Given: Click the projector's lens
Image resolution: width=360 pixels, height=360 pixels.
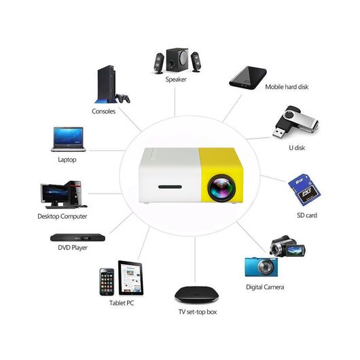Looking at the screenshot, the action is pyautogui.click(x=221, y=188).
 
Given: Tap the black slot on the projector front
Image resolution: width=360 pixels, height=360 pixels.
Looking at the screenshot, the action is pyautogui.click(x=170, y=187).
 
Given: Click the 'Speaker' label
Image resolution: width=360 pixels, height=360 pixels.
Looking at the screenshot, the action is pyautogui.click(x=176, y=79).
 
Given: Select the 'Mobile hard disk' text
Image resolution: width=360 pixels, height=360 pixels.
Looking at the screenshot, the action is pyautogui.click(x=287, y=87).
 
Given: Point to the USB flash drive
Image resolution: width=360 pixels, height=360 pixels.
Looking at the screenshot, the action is pyautogui.click(x=295, y=122).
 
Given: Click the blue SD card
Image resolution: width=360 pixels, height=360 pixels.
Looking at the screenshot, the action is pyautogui.click(x=304, y=190).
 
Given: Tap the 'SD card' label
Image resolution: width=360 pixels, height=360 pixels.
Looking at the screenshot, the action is pyautogui.click(x=307, y=215).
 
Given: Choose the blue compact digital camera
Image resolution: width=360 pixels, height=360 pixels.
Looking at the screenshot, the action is pyautogui.click(x=262, y=267).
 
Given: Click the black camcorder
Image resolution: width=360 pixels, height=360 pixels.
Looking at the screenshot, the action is pyautogui.click(x=288, y=247).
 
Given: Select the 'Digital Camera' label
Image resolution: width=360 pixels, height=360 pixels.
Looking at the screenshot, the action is pyautogui.click(x=265, y=287).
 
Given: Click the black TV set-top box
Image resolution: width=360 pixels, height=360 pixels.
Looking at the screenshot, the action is pyautogui.click(x=196, y=294).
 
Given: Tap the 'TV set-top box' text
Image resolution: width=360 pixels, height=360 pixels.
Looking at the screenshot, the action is pyautogui.click(x=198, y=312).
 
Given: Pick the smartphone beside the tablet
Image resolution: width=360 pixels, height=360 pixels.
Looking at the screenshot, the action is pyautogui.click(x=107, y=282).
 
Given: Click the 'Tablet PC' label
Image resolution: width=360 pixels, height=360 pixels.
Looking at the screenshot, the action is pyautogui.click(x=122, y=303).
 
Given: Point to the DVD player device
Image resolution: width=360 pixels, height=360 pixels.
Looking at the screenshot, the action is pyautogui.click(x=77, y=238).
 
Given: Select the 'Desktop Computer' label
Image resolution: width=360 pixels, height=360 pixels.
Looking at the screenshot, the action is pyautogui.click(x=62, y=216).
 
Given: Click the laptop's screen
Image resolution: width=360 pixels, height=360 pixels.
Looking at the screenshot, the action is pyautogui.click(x=69, y=136).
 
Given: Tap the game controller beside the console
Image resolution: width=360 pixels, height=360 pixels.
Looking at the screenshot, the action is pyautogui.click(x=123, y=98).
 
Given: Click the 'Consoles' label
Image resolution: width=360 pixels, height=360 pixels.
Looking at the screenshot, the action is pyautogui.click(x=103, y=111).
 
